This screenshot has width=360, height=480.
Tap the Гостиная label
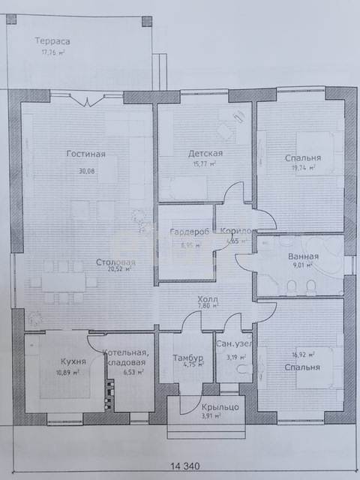[85, 154]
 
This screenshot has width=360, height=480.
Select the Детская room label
[206, 153]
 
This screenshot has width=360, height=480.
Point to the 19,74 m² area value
[301, 169]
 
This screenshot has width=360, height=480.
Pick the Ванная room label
[304, 256]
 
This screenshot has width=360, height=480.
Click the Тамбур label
[184, 358]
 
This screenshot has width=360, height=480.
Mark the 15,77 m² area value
[205, 163]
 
